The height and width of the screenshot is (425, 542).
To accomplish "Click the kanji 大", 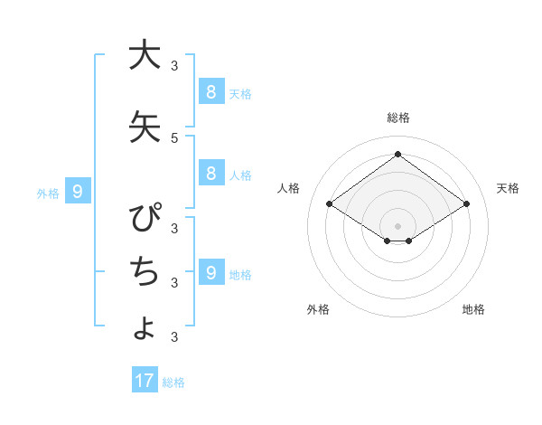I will click(x=145, y=55).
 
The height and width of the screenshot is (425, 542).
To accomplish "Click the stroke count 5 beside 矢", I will click(x=174, y=137).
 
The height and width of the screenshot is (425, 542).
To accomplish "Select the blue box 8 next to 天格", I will click(x=210, y=91).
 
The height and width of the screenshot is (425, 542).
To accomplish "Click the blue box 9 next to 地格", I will click(x=210, y=272).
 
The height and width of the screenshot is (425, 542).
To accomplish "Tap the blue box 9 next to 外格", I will click(x=79, y=191).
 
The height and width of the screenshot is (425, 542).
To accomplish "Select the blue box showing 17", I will click(x=145, y=381).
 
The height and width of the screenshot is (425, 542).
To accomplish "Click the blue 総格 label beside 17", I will click(x=173, y=382).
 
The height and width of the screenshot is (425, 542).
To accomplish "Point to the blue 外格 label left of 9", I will click(x=48, y=193).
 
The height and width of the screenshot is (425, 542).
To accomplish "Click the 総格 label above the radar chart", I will click(x=397, y=118).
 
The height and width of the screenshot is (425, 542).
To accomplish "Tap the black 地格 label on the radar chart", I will click(x=473, y=309).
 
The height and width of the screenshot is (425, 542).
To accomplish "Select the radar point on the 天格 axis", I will click(x=466, y=204).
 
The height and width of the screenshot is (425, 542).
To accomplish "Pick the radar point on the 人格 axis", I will click(x=330, y=204).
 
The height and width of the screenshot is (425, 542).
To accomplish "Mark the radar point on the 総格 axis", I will click(x=397, y=155).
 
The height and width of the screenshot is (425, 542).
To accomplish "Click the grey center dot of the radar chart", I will click(x=397, y=225).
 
